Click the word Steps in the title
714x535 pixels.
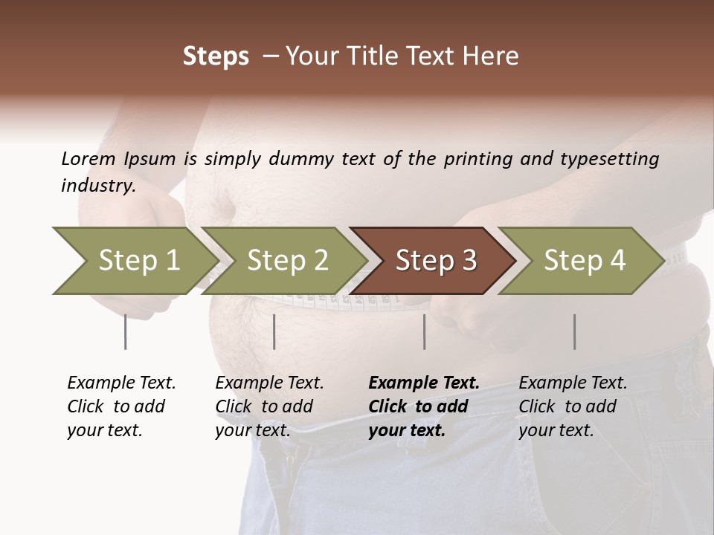[216, 56]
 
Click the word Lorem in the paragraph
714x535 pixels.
[89, 158]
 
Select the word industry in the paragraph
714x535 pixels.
[97, 186]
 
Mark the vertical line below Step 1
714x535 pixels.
[125, 331]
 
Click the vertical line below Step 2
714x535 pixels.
[274, 331]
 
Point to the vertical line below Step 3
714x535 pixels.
[424, 331]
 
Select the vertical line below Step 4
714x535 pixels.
[574, 331]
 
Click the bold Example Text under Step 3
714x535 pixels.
[424, 383]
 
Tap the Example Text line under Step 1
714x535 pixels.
[121, 383]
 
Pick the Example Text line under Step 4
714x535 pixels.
[573, 383]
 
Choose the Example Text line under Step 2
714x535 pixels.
[269, 383]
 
